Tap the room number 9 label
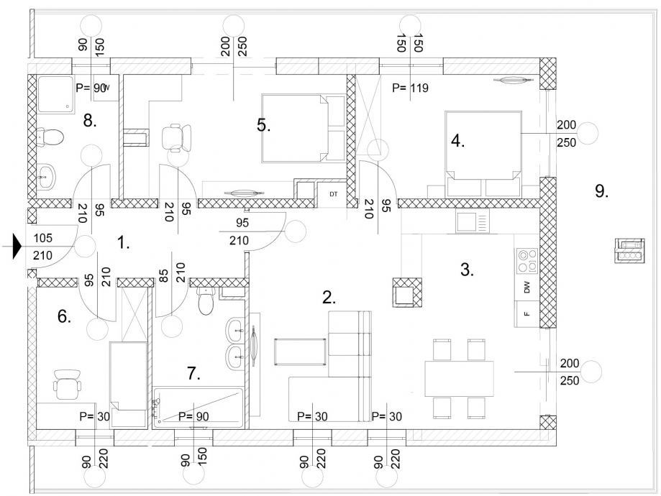pyautogui.click(x=601, y=191)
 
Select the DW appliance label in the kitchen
pyautogui.click(x=526, y=288)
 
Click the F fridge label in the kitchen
pyautogui.click(x=526, y=314)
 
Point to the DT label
pyautogui.click(x=334, y=194)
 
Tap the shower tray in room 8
pyautogui.click(x=55, y=93)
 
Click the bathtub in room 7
pyautogui.click(x=198, y=408)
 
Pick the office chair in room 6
pyautogui.click(x=67, y=385)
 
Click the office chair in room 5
pyautogui.click(x=177, y=137)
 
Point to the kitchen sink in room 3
pyautogui.click(x=473, y=221)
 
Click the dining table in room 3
pyautogui.click(x=459, y=378)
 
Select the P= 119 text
pyautogui.click(x=410, y=88)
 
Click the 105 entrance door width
pyautogui.click(x=43, y=238)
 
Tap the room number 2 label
pyautogui.click(x=329, y=298)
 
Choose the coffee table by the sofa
pyautogui.click(x=300, y=352)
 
